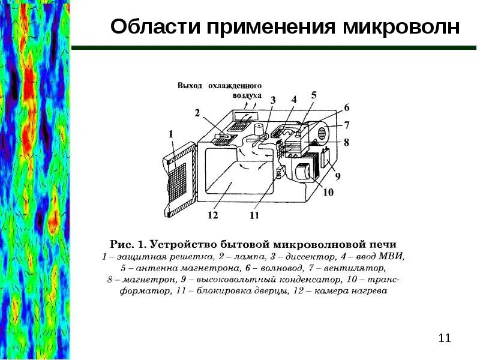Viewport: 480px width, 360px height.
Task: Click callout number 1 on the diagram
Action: [x=171, y=136]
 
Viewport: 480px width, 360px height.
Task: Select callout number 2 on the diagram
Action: [x=197, y=113]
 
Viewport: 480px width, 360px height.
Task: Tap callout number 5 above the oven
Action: [x=314, y=95]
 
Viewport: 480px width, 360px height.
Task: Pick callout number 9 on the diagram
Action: [x=337, y=177]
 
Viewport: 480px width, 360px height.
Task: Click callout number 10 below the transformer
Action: [x=328, y=193]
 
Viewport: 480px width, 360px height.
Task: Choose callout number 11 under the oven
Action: [x=254, y=215]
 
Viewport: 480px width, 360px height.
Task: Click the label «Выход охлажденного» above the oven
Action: [x=218, y=85]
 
